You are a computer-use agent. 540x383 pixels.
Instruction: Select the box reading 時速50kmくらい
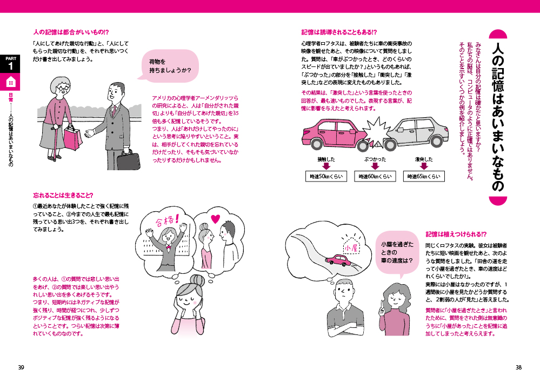(x=324, y=177)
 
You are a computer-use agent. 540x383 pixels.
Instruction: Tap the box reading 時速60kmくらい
(x=375, y=177)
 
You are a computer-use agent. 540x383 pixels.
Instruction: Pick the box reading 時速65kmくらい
(x=424, y=177)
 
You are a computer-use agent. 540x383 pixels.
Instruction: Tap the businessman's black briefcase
(x=129, y=159)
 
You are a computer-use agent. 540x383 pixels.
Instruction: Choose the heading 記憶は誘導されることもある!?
(x=339, y=32)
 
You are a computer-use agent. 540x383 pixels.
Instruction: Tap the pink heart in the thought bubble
(x=215, y=219)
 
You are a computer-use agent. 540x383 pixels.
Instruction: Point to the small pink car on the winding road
(x=339, y=260)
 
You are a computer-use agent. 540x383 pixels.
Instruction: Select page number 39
(x=21, y=367)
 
